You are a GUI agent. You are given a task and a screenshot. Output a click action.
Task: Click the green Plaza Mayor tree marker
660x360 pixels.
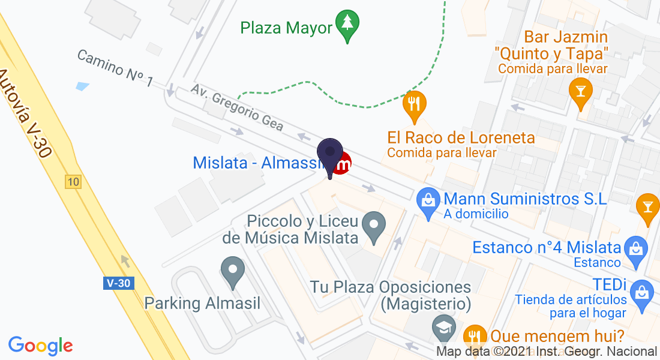347,25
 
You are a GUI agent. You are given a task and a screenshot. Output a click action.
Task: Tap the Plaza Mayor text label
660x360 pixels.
286,28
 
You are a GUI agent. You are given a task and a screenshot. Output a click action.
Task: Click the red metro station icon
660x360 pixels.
343,163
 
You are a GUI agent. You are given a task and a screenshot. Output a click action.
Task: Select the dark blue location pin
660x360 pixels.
329,154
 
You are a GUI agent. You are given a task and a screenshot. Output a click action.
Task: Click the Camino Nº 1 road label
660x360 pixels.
115,68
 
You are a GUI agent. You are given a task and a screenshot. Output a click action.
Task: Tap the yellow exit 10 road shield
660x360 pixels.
73,182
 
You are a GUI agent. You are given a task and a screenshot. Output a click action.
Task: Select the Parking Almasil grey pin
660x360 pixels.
233,271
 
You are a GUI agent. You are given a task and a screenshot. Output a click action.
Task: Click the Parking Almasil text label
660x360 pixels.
203,303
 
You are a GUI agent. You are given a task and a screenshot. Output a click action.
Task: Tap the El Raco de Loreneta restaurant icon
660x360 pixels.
414,103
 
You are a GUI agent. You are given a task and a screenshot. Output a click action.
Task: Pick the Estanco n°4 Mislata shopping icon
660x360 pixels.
635,247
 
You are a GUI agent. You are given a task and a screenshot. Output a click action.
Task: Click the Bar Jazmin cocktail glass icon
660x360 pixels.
580,91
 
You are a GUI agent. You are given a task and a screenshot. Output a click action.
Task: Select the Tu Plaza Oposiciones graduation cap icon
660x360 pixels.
443,327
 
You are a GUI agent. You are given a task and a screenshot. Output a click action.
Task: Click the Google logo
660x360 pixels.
41,346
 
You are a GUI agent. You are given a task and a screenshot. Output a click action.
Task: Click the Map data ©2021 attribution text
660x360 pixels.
546,352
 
